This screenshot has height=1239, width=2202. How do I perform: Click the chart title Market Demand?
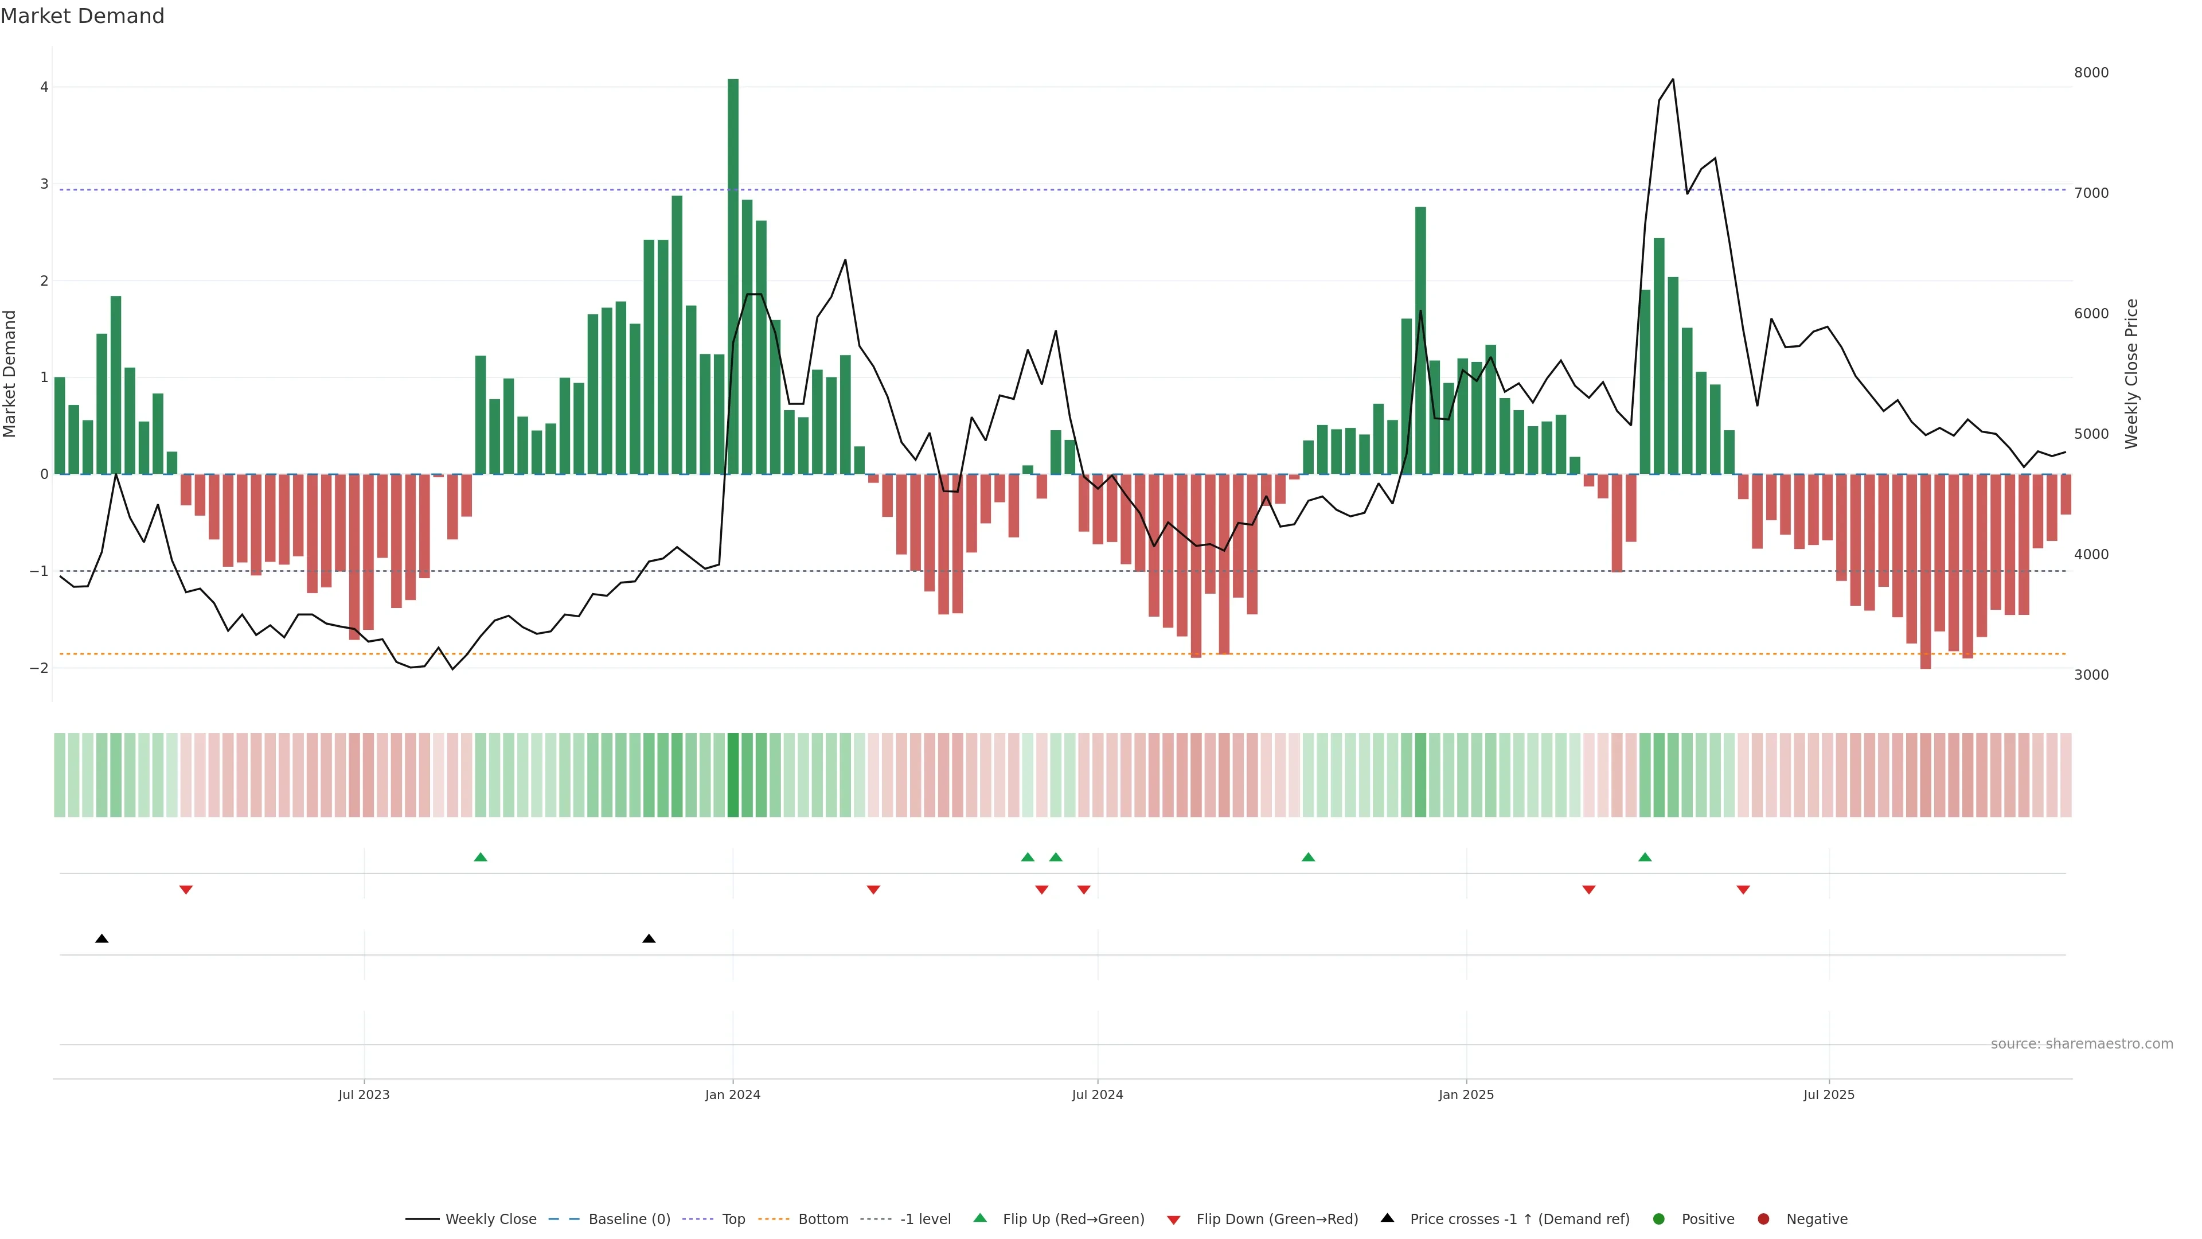82,16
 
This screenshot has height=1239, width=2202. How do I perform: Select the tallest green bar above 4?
733,274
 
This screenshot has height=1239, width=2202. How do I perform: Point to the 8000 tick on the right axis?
2091,73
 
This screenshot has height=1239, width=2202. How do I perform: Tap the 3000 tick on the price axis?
2091,675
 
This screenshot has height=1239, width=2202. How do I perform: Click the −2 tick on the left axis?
40,668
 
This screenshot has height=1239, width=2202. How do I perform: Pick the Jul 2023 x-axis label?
364,1094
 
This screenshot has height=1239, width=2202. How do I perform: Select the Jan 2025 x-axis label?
1466,1094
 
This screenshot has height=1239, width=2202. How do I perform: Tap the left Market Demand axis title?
10,373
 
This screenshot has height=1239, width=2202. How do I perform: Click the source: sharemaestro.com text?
2082,1044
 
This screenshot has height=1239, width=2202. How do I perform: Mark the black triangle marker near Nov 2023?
649,939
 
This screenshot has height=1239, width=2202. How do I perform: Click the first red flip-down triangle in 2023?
185,890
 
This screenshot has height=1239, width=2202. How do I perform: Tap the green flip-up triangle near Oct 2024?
1308,857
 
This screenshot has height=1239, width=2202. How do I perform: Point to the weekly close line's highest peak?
1672,80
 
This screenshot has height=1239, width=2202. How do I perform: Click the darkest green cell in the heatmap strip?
733,775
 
